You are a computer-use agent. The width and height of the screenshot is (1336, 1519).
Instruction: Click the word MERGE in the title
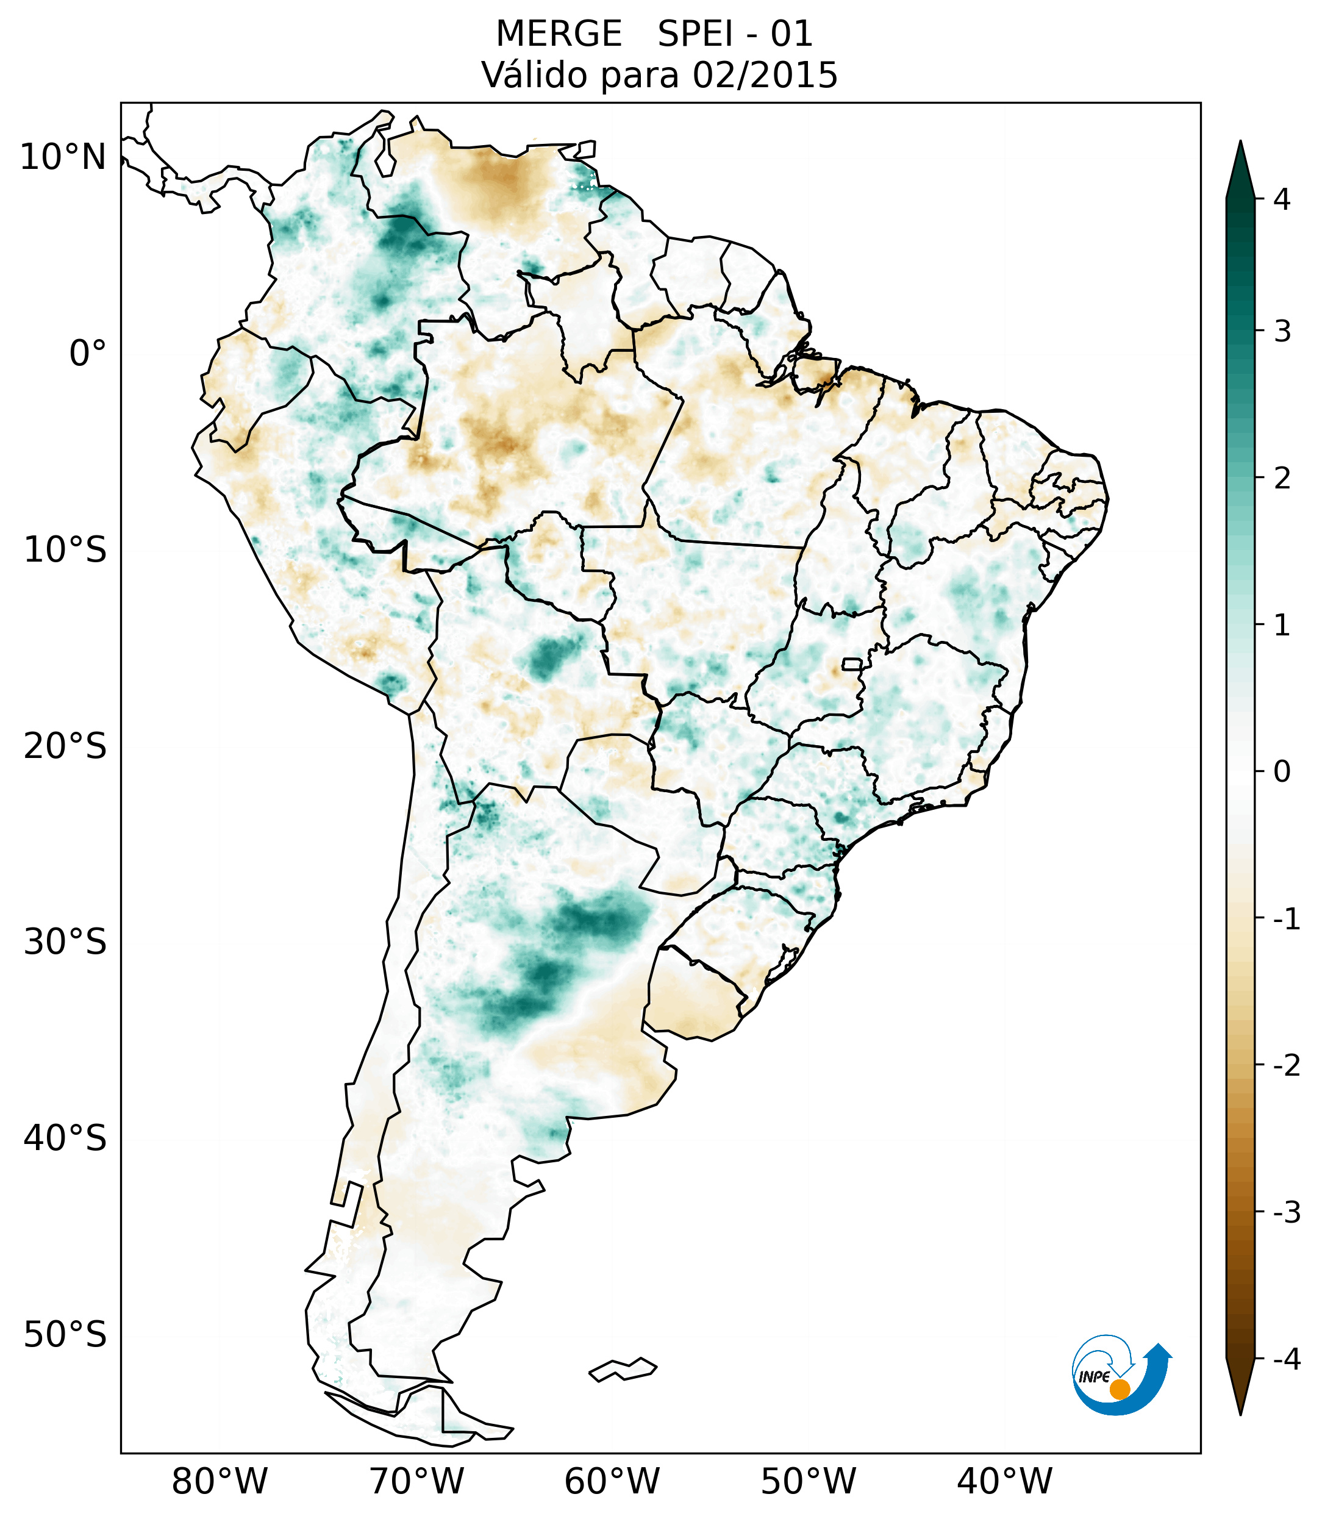coord(558,34)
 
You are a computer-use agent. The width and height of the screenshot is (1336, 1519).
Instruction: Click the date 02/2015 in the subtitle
coord(765,75)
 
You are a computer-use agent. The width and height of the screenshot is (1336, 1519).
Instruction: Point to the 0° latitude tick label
coord(88,354)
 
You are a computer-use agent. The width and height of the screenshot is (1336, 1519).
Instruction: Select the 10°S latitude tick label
coord(65,550)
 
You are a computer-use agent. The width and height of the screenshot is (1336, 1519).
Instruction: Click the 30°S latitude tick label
coord(65,942)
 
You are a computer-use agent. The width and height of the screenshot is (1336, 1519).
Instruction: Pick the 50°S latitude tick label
coord(65,1335)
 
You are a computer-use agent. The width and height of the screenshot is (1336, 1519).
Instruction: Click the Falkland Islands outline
coord(623,1369)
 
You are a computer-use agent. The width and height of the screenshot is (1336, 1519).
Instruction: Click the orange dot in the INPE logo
coord(1119,1389)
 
